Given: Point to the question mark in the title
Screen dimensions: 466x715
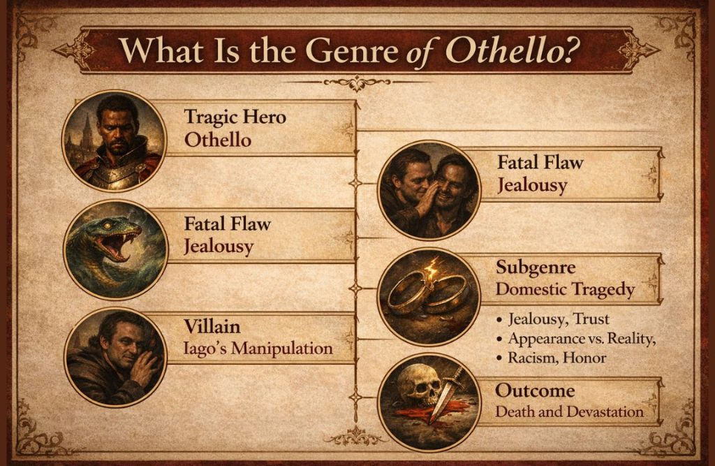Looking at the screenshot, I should point(582,50).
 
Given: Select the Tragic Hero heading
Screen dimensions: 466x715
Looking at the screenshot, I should point(235,117).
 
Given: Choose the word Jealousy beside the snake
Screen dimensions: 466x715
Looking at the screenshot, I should point(219,247).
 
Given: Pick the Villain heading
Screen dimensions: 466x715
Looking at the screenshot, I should point(212,326).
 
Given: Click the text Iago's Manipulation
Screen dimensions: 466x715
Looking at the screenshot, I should point(258,347).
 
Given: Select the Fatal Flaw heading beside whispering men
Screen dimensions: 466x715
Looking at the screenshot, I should point(540,163).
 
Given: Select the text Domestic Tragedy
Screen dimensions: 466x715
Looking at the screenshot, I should point(565,289).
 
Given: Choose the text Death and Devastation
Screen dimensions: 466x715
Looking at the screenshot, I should point(569,412).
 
